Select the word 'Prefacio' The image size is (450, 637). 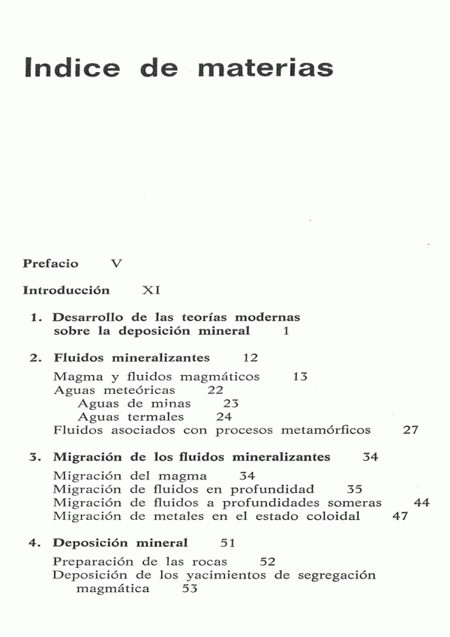pyautogui.click(x=50, y=264)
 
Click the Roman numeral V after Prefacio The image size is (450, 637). pyautogui.click(x=115, y=264)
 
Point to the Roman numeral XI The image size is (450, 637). pyautogui.click(x=151, y=290)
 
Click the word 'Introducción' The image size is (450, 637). pyautogui.click(x=66, y=290)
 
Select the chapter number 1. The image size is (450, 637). pyautogui.click(x=34, y=318)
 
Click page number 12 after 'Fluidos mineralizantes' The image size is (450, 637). pyautogui.click(x=250, y=358)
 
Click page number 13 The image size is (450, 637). pyautogui.click(x=300, y=377)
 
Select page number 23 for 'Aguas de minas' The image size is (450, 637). pyautogui.click(x=230, y=404)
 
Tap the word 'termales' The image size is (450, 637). pyautogui.click(x=155, y=417)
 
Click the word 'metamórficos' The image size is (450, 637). pyautogui.click(x=328, y=431)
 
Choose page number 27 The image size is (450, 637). pyautogui.click(x=410, y=431)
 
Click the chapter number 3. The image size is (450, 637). pyautogui.click(x=34, y=457)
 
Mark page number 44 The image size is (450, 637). pyautogui.click(x=421, y=503)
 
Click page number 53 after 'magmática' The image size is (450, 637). pyautogui.click(x=189, y=590)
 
